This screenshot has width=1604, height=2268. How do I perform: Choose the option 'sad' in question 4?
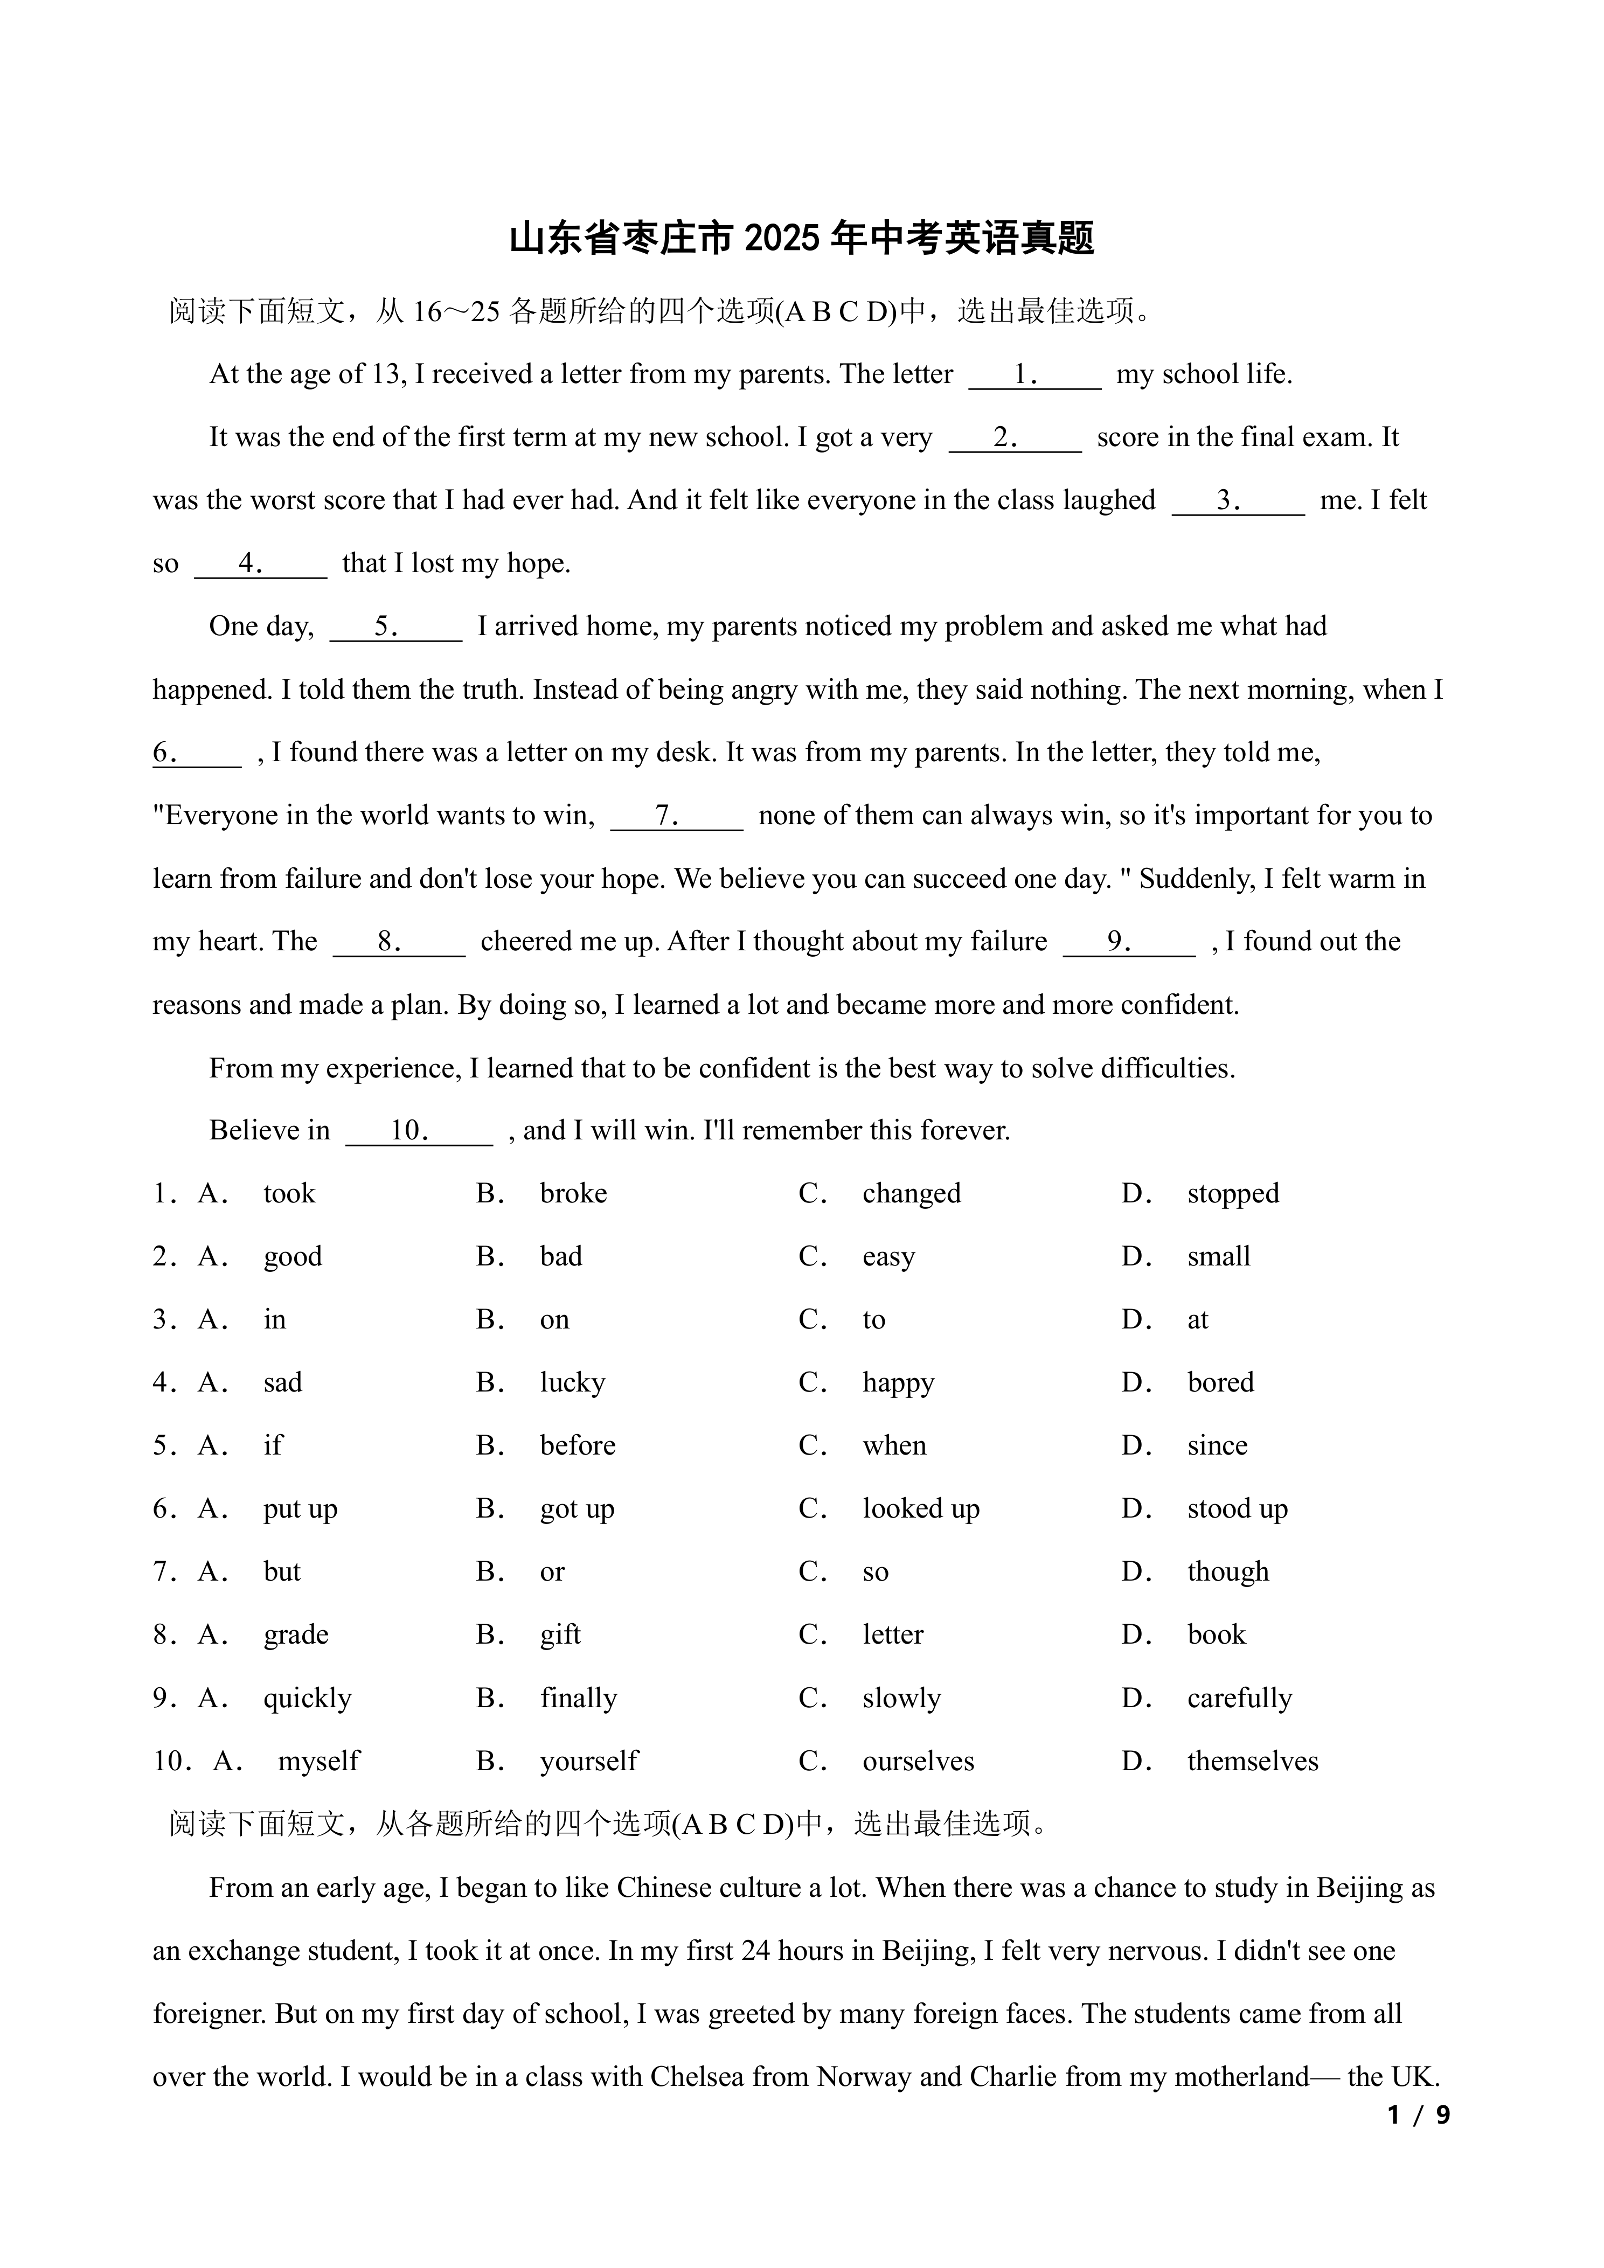(x=282, y=1383)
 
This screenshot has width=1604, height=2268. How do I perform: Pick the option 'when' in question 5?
(x=894, y=1446)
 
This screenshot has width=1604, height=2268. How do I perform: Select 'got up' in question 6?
(x=577, y=1509)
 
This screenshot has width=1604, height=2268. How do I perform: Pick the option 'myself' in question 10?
(x=319, y=1761)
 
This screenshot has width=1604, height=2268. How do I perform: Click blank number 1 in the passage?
(x=1034, y=375)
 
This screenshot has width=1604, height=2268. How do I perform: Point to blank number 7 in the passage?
(x=677, y=817)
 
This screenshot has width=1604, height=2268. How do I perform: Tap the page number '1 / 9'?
(x=1418, y=2115)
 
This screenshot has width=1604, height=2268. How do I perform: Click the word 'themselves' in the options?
(x=1252, y=1761)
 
